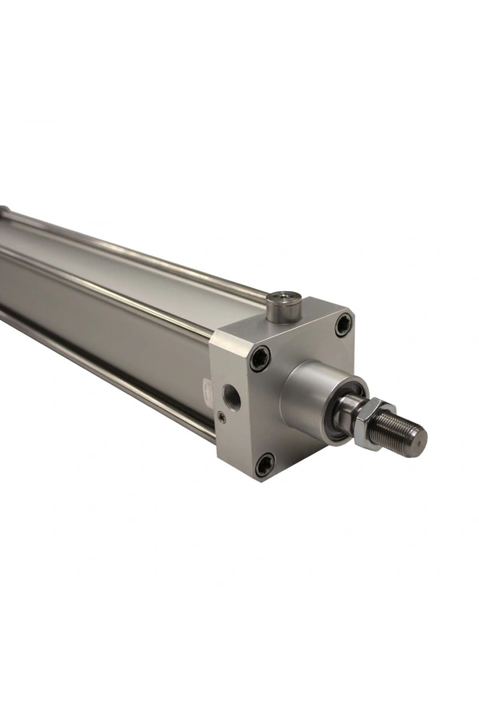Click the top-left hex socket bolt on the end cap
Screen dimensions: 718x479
pos(259,359)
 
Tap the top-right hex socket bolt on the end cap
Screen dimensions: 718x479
pos(343,324)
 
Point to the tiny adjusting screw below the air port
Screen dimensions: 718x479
pos(222,415)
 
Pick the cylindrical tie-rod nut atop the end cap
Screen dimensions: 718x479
pos(283,306)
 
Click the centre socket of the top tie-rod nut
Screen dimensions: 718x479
pos(283,298)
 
